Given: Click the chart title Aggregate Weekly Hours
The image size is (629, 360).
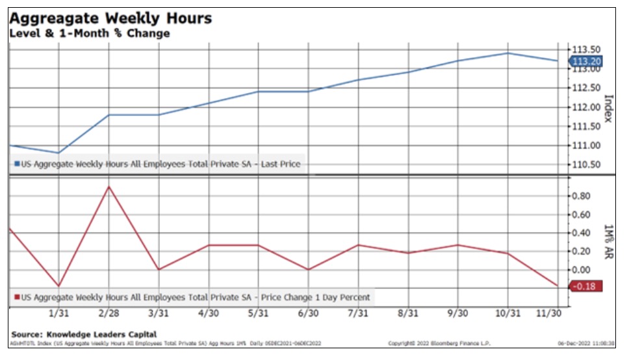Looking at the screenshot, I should pos(110,18).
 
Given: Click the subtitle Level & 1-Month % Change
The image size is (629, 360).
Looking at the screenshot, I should pos(89,33).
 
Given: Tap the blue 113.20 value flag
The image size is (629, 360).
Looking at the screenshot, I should pos(586,62).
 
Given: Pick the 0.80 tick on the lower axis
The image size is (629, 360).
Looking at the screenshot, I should pos(582,196).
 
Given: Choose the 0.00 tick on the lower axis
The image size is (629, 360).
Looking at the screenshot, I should pos(582,270).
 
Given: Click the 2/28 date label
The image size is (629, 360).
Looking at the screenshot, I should pos(109,313).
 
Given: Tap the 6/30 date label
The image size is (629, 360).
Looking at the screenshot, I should pos(308,313).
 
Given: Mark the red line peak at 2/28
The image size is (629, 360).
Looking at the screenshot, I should pos(109,186).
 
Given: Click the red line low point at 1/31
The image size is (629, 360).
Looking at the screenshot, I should pos(59,286).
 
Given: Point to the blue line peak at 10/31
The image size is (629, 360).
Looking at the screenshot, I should pos(507,53).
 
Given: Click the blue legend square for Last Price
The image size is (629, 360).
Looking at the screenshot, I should pos(17,164).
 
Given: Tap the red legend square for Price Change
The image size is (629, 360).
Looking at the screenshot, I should pos(17,298).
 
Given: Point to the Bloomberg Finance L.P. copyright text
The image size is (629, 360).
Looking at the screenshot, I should pos(429,343).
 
